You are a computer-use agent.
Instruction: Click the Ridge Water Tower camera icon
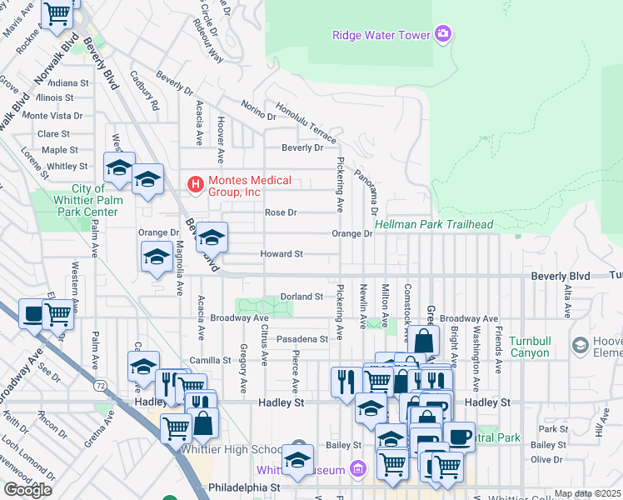(443, 34)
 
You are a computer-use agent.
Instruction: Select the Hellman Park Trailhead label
(434, 225)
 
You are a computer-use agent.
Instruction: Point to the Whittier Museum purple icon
(359, 470)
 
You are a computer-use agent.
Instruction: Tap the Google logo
(27, 490)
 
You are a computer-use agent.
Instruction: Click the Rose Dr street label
(281, 212)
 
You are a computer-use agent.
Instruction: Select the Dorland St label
(301, 297)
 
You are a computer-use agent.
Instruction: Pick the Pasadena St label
(302, 339)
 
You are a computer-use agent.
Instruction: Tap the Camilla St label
(209, 361)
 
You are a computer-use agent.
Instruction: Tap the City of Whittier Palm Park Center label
(85, 201)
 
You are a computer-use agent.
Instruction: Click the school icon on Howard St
(157, 258)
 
